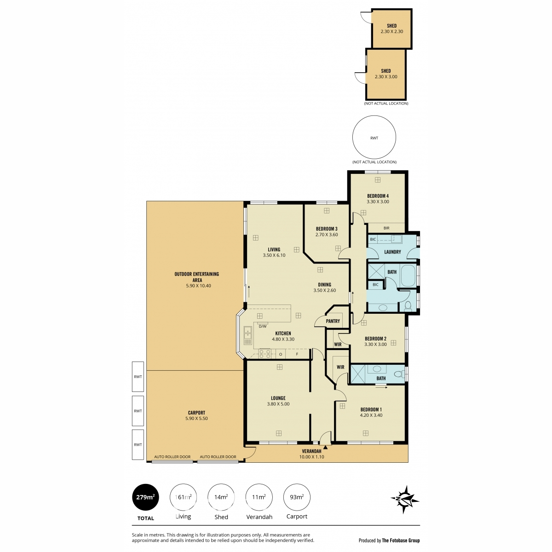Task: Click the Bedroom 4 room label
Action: click(x=378, y=196)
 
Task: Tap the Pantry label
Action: click(x=333, y=321)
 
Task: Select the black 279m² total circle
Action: click(x=145, y=497)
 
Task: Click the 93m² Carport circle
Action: click(x=297, y=497)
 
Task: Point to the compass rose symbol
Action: click(x=405, y=499)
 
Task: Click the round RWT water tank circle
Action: click(x=374, y=137)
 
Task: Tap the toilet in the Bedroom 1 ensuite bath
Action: click(x=399, y=374)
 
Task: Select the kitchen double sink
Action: click(x=247, y=335)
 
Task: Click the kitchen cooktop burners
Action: click(x=264, y=354)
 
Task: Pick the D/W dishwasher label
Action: click(x=262, y=326)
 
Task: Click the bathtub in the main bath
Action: click(x=408, y=276)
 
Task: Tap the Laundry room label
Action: click(x=392, y=252)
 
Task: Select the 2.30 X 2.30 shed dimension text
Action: click(x=391, y=32)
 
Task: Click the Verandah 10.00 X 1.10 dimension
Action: click(x=311, y=457)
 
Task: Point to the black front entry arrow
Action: click(x=325, y=447)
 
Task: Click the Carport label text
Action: click(x=196, y=413)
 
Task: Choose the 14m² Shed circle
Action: click(x=221, y=497)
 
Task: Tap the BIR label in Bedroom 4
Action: click(x=386, y=228)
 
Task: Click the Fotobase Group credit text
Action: click(x=401, y=540)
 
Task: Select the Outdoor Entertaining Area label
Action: click(x=197, y=277)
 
